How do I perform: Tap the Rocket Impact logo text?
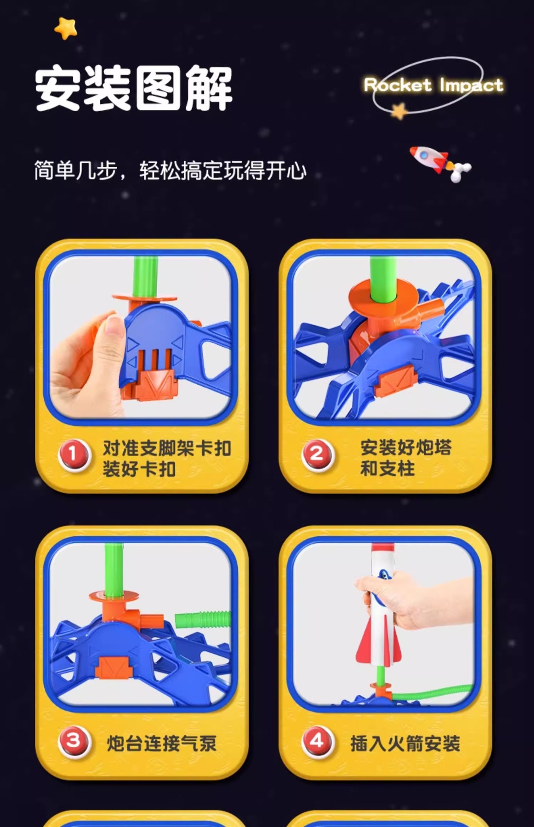433,85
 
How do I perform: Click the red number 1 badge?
74,454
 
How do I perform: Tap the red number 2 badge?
317,454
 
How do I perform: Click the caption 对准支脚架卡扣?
167,449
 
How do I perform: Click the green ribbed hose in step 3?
202,621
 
